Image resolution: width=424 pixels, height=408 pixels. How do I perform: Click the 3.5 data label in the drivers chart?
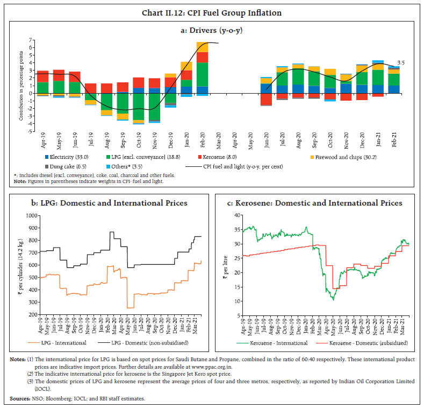(x=400, y=63)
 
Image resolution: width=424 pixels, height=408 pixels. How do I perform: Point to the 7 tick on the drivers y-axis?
(x=32, y=40)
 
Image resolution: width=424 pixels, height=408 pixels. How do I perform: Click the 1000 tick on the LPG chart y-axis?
(x=32, y=215)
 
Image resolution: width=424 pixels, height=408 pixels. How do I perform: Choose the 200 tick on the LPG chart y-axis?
(x=33, y=314)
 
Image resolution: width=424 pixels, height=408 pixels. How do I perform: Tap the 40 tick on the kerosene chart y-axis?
(x=236, y=215)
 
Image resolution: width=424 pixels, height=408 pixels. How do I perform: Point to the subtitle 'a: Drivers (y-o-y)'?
(x=211, y=30)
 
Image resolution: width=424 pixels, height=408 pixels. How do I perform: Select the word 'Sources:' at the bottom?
(x=20, y=398)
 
